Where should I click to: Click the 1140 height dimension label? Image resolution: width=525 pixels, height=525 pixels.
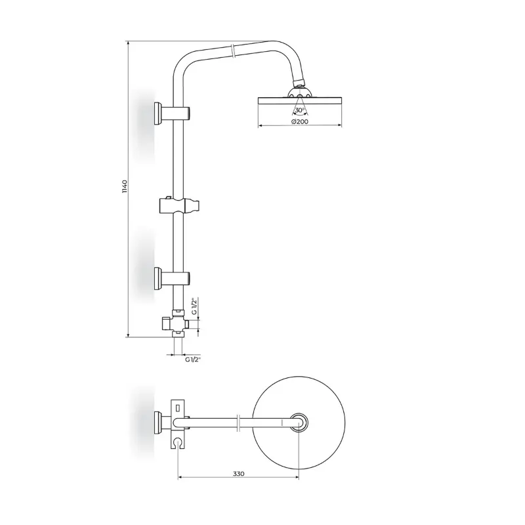point(125,187)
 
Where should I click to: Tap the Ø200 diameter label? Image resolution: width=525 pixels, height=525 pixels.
point(300,121)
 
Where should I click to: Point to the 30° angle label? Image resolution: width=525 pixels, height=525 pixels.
point(299,110)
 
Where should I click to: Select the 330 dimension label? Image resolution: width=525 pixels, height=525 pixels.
point(239,473)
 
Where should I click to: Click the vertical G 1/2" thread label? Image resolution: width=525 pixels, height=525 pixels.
point(194,306)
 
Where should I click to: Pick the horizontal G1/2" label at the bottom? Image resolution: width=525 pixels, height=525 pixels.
point(192,360)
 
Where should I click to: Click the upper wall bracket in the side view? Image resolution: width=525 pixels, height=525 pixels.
point(172,114)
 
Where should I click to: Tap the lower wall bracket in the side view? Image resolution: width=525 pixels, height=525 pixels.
point(172,278)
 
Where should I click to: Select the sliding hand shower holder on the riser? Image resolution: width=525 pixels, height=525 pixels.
point(179,205)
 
